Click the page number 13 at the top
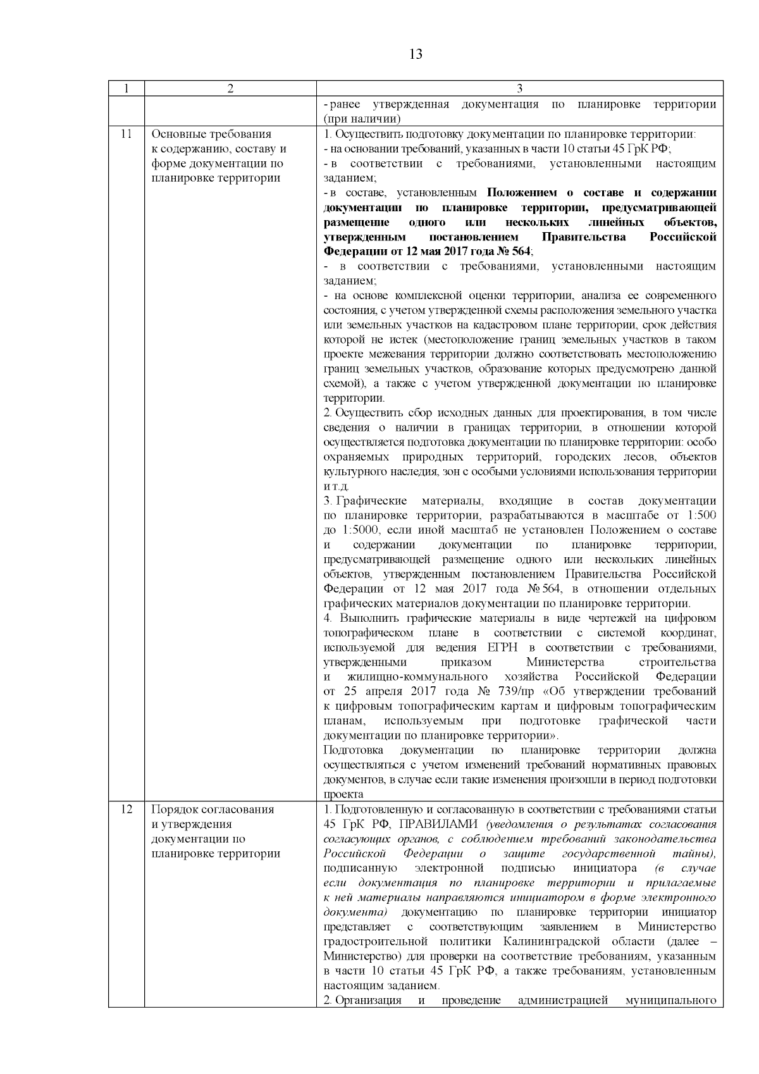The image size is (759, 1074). point(416,54)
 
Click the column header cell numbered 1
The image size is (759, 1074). point(126,89)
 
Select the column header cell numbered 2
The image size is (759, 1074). point(230,89)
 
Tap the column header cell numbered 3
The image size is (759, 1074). point(519,89)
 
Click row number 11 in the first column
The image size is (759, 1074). point(126,134)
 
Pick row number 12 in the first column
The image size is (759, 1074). point(126,810)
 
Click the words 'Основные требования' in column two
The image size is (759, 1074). point(211,134)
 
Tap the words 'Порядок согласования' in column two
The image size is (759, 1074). point(213,810)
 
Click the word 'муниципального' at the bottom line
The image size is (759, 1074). point(670,1001)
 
